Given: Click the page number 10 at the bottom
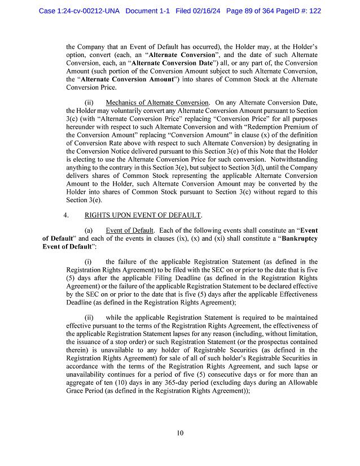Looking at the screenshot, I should click(179, 433).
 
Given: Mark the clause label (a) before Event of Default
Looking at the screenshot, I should click(89, 230).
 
